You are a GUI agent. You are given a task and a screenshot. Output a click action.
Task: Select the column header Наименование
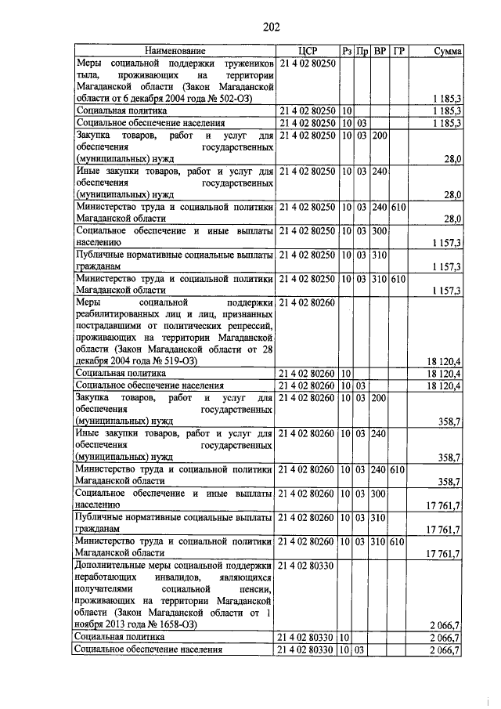click(174, 51)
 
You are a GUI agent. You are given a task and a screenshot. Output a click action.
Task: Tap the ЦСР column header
click(307, 51)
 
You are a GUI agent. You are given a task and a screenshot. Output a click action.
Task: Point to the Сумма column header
click(448, 51)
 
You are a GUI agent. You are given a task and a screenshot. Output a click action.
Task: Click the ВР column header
click(380, 51)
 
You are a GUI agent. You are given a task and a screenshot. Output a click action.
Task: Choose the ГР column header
click(398, 51)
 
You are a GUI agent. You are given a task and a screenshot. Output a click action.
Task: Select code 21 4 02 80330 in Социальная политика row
click(307, 638)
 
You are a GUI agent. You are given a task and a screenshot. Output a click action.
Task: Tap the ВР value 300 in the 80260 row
click(380, 494)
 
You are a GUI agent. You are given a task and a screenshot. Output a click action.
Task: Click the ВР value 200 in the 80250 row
click(380, 136)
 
